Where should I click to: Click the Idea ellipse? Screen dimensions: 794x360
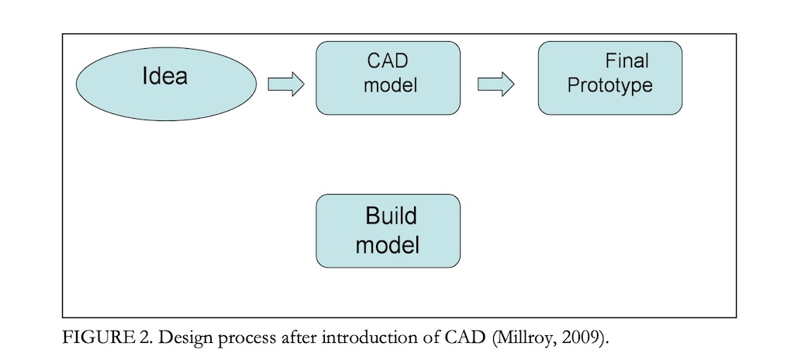(x=166, y=84)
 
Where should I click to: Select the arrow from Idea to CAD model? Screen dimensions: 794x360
(x=285, y=84)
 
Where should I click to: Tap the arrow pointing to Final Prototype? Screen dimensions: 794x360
(x=495, y=84)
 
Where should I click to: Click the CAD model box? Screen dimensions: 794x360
(x=388, y=78)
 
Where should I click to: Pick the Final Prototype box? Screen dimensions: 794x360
(x=609, y=78)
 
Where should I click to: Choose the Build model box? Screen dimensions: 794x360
(x=388, y=230)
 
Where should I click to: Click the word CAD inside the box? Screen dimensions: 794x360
(x=388, y=61)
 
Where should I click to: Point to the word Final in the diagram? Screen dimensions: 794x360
(x=627, y=61)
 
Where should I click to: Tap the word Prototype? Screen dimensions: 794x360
(x=609, y=85)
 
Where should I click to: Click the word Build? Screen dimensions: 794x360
(x=391, y=216)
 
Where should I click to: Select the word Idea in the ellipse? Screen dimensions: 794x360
(x=165, y=76)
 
